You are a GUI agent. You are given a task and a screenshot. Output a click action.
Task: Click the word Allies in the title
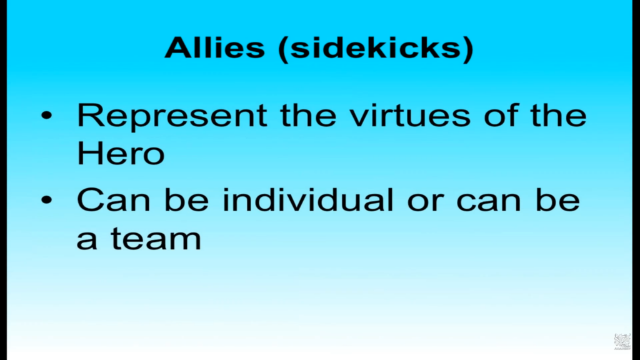[215, 47]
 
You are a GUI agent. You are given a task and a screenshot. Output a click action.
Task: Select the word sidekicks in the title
[375, 47]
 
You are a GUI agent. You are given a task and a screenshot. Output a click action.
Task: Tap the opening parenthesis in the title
[282, 49]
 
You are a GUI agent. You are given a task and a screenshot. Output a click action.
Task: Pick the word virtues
[410, 115]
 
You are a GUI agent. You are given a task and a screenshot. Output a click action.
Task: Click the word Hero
[121, 153]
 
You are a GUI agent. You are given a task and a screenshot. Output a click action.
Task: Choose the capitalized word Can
[114, 200]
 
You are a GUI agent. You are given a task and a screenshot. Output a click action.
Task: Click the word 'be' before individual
[186, 199]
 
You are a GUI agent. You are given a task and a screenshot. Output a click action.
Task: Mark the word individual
[307, 199]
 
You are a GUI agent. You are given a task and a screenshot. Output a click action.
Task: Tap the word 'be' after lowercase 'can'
[557, 199]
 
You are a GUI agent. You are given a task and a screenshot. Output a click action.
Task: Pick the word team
[156, 238]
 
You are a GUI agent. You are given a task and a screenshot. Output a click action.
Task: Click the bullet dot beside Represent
[46, 115]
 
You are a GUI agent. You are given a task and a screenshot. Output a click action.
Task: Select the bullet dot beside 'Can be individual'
[46, 199]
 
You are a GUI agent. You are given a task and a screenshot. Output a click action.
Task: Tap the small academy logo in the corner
[622, 342]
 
